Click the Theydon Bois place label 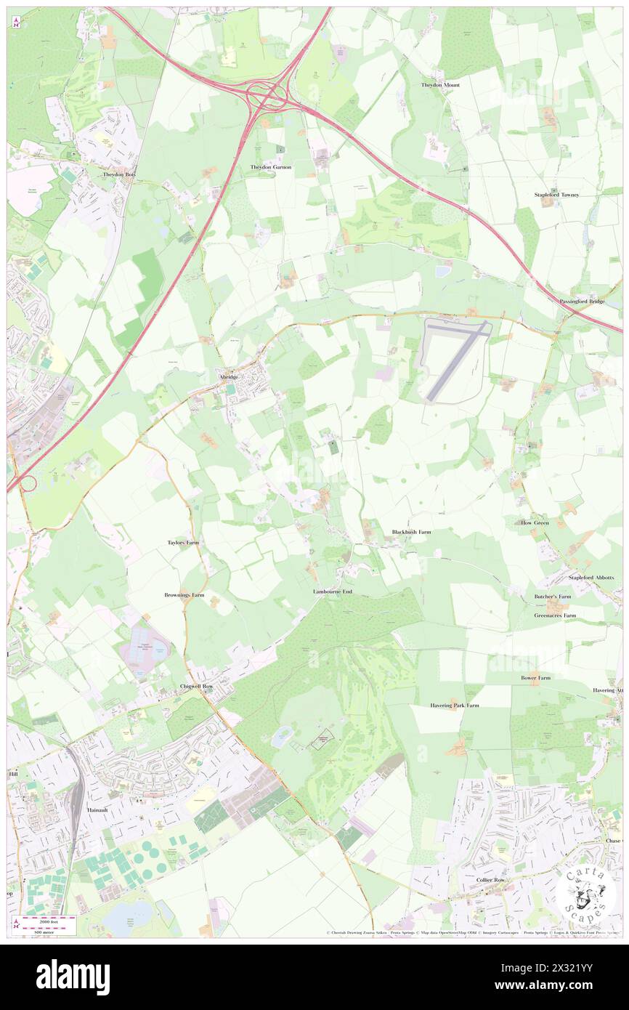coord(120,174)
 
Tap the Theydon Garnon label coord(271,167)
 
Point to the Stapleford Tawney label coord(556,195)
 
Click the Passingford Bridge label coord(582,301)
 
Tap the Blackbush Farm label coord(411,532)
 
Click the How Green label coord(535,522)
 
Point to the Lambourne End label coord(333,592)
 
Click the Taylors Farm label coord(183,543)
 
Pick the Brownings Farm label coord(184,595)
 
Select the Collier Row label coord(490,880)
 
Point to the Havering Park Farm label coord(455,705)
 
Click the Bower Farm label coord(535,677)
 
